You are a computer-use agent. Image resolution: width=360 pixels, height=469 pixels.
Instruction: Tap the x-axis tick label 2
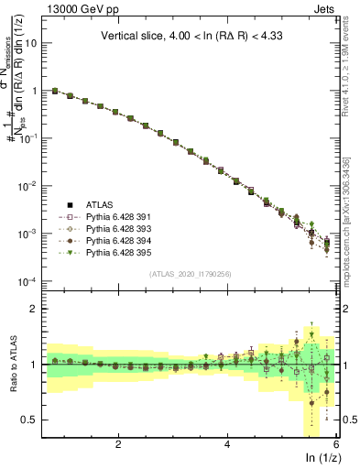click(118, 444)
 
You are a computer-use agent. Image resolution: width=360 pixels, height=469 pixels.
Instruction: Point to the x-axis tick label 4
click(227, 444)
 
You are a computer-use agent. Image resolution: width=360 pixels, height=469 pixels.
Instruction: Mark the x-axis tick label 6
click(336, 444)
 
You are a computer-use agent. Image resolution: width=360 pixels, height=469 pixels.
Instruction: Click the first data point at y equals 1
click(55, 91)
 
